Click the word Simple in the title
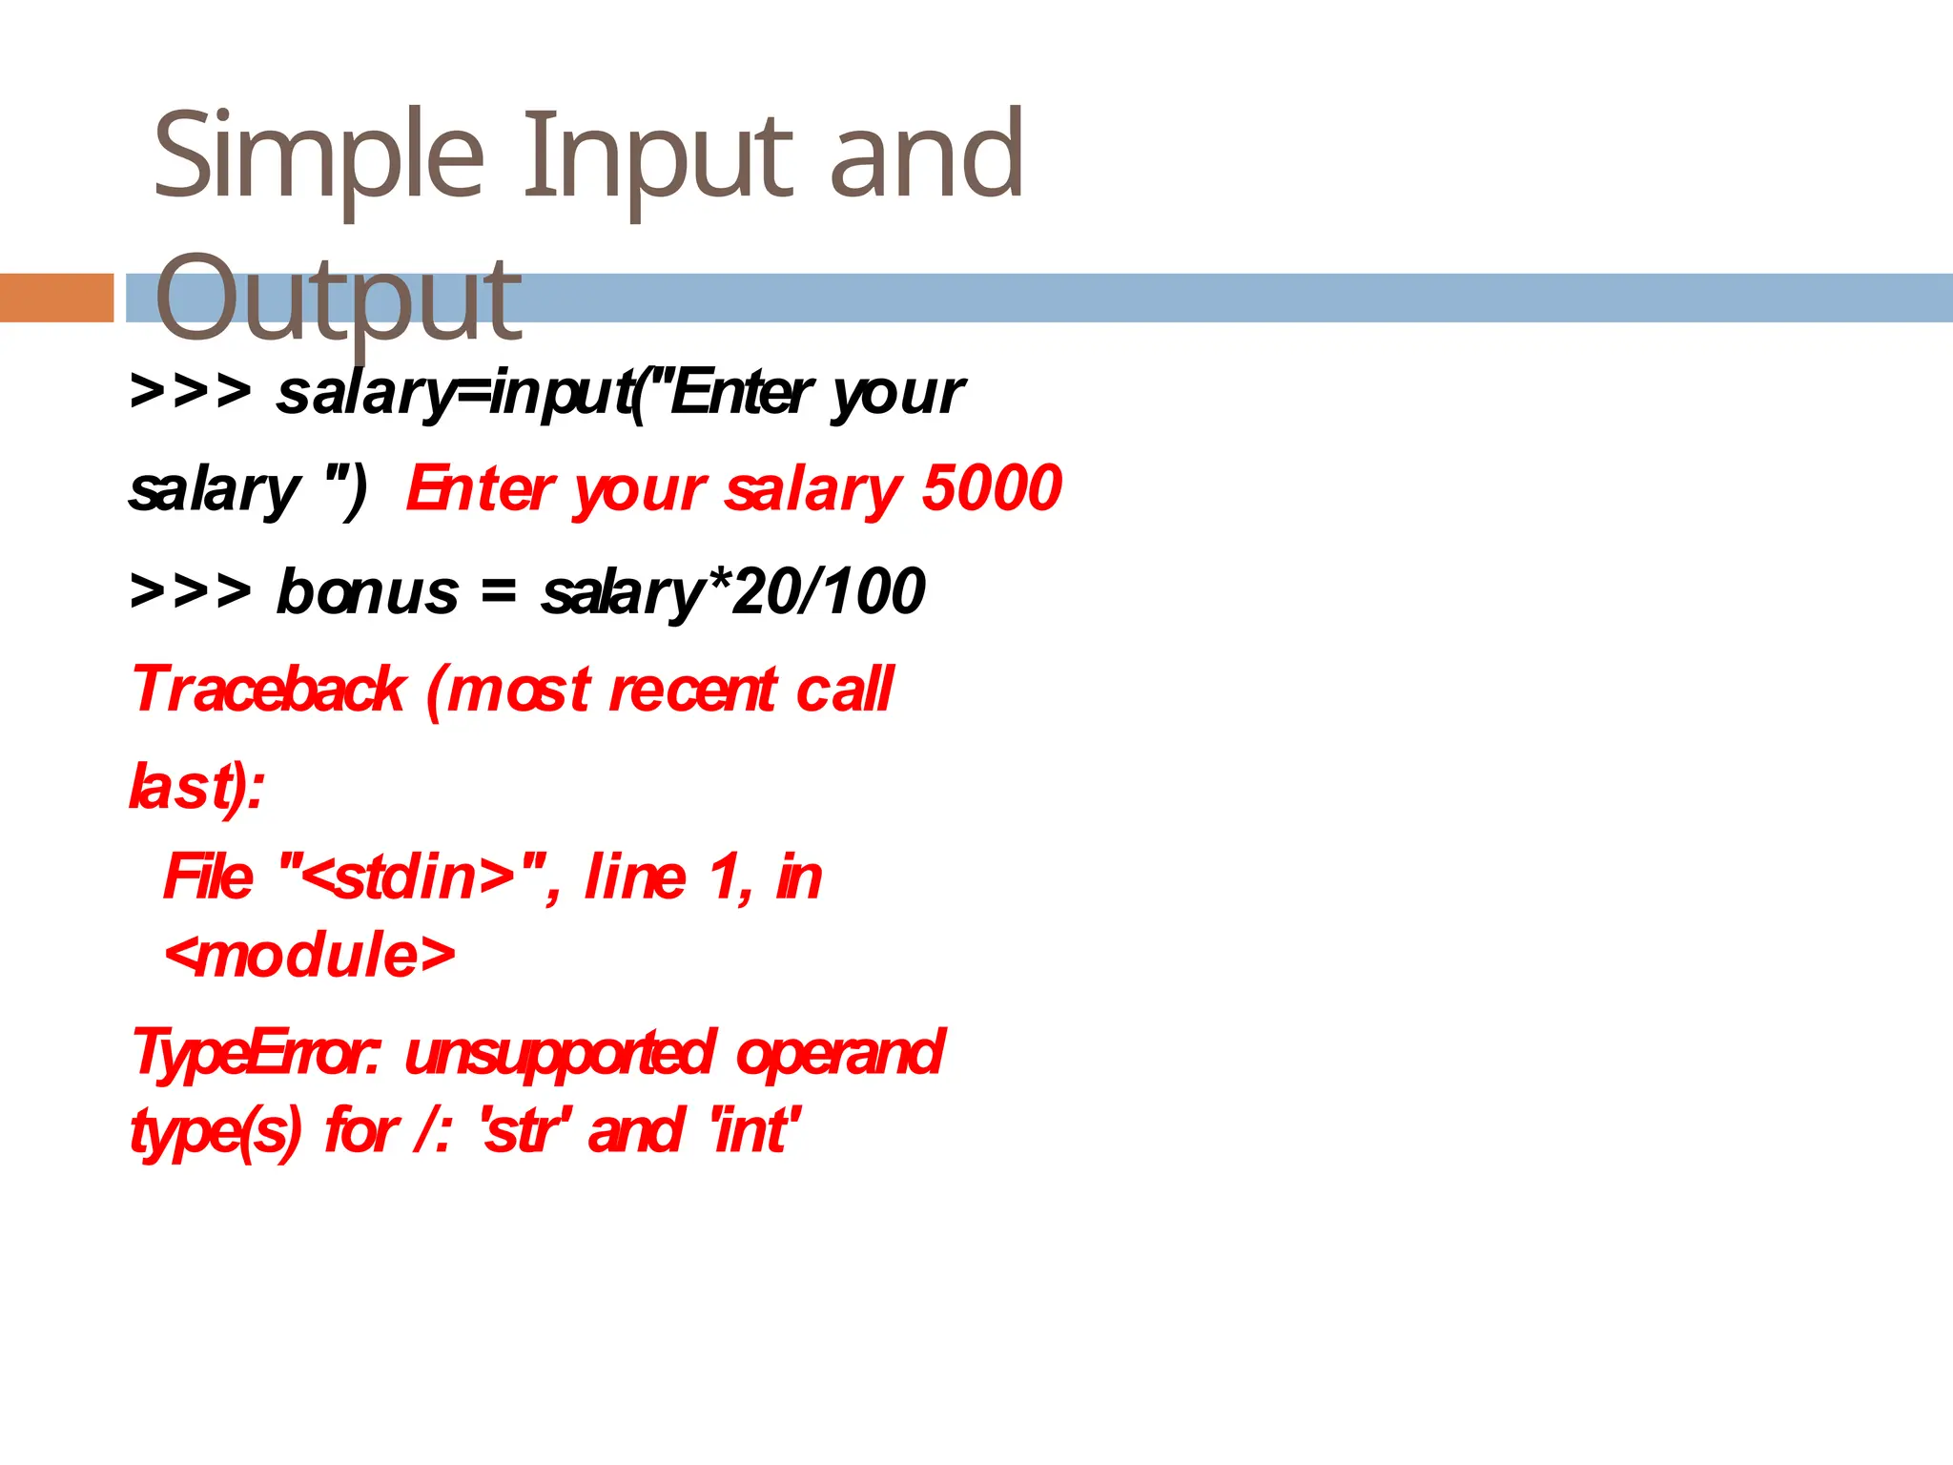pos(319,157)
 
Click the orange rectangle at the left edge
pos(56,298)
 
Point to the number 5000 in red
pos(992,488)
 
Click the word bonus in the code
pos(367,591)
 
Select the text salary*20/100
pos(732,591)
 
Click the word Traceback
pos(269,690)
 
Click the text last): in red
pos(196,788)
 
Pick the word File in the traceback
pos(208,877)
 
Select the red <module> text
pos(310,955)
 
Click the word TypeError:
pos(256,1053)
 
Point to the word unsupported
pos(559,1053)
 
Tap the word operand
pos(839,1053)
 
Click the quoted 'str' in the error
pos(526,1131)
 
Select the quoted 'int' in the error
pos(753,1131)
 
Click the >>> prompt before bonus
pos(191,591)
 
